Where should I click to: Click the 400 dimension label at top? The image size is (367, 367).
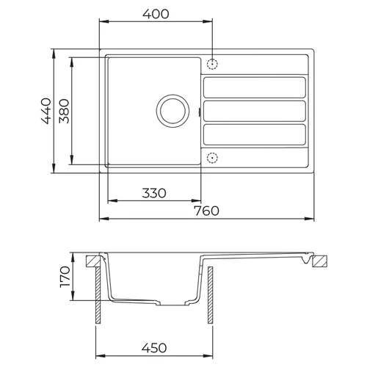(x=156, y=14)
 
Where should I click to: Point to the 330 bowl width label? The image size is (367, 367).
(x=153, y=193)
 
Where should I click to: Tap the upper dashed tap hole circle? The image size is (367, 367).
(x=212, y=65)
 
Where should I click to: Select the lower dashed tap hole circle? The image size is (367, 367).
(x=212, y=156)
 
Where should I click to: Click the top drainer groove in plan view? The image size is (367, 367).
(x=254, y=87)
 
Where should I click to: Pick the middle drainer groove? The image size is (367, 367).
(x=254, y=111)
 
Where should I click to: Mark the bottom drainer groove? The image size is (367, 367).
(x=254, y=134)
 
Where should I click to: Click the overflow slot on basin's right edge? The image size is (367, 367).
(x=200, y=112)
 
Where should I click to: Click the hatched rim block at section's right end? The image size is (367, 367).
(x=322, y=261)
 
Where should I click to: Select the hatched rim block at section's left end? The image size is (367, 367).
(x=93, y=261)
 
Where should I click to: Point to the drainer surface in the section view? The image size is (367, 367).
(x=257, y=256)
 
